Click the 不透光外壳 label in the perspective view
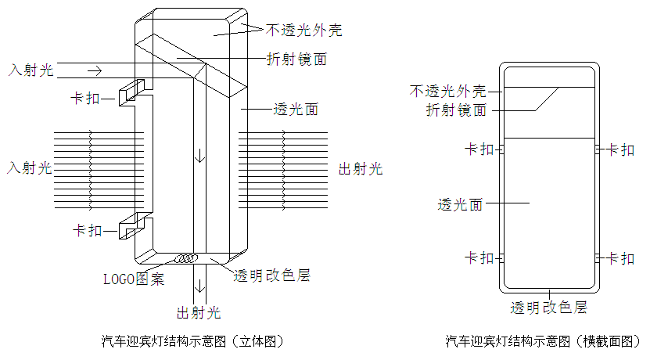[x=303, y=31]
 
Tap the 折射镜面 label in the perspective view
[x=296, y=59]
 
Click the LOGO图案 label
[x=135, y=278]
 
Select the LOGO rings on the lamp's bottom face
[x=187, y=257]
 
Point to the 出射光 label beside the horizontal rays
[x=360, y=169]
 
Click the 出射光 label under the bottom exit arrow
[x=199, y=314]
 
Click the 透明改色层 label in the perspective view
[x=272, y=275]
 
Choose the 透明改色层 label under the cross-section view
[x=548, y=307]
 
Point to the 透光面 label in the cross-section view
[x=459, y=205]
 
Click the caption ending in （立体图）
[x=192, y=341]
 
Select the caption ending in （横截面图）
[x=543, y=341]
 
